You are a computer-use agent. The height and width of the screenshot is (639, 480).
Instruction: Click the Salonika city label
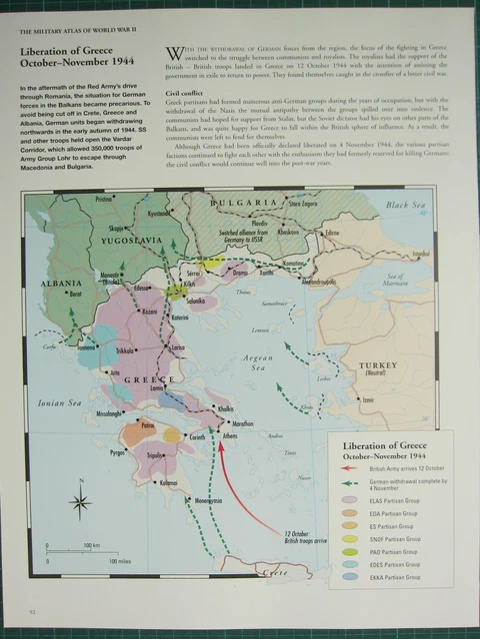(195, 301)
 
